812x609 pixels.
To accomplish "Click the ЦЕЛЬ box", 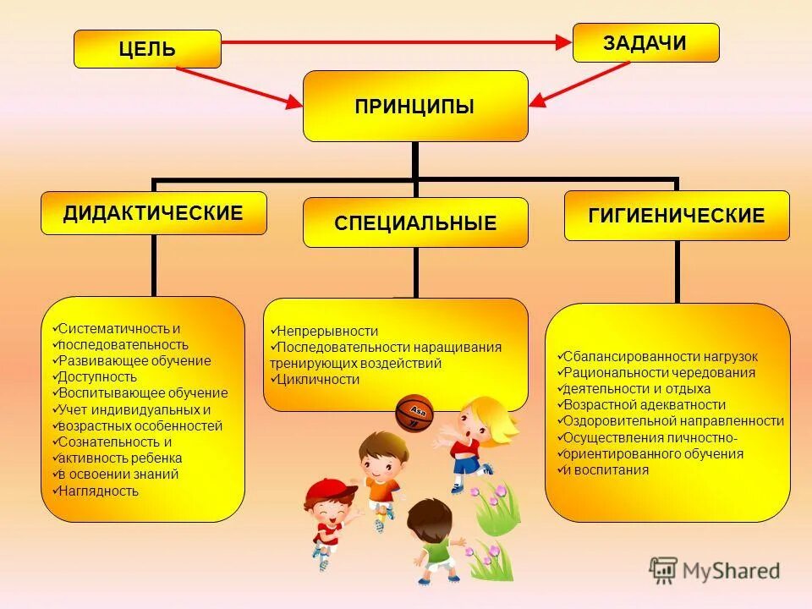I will pos(147,49).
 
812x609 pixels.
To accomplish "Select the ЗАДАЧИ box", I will pos(645,43).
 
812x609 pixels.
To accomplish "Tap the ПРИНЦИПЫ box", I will pos(415,106).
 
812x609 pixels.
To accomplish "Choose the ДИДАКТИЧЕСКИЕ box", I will pos(153,213).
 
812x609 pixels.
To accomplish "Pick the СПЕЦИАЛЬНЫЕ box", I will pos(415,222).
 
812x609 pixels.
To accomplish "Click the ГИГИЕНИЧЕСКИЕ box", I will pos(677,216).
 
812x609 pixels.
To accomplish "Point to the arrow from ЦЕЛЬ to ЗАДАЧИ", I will pos(398,41).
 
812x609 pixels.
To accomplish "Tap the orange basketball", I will pos(414,412).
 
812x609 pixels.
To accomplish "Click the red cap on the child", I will pos(323,490).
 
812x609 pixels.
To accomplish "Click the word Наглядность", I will pos(98,491).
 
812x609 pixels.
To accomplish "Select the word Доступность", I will pos(96,376).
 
